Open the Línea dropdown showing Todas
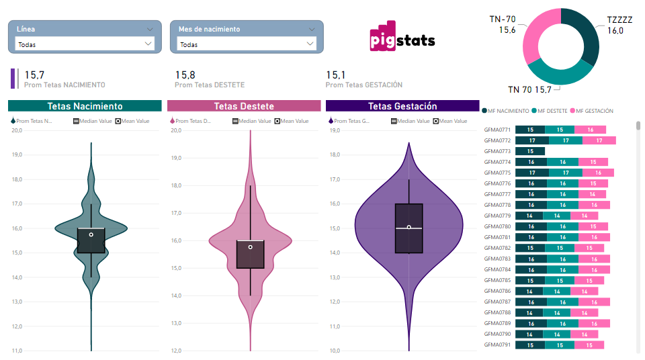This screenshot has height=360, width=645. pyautogui.click(x=85, y=44)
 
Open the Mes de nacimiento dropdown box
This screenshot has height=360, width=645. pyautogui.click(x=247, y=44)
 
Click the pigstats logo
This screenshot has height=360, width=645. pyautogui.click(x=402, y=40)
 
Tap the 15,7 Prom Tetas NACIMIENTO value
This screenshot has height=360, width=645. pyautogui.click(x=34, y=75)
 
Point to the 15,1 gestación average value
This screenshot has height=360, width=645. pyautogui.click(x=336, y=75)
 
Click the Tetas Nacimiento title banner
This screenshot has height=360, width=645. pyautogui.click(x=85, y=106)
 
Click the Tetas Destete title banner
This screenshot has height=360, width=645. pyautogui.click(x=244, y=106)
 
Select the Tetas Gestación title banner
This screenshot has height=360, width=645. pyautogui.click(x=402, y=106)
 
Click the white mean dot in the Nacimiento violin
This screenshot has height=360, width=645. pyautogui.click(x=91, y=234)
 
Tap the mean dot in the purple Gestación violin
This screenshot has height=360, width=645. pyautogui.click(x=408, y=227)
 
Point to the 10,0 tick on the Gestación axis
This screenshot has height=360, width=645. pyautogui.click(x=333, y=351)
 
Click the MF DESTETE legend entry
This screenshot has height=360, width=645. pyautogui.click(x=550, y=111)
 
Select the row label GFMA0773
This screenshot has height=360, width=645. pyautogui.click(x=497, y=151)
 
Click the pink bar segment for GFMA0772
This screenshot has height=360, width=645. pyautogui.click(x=599, y=140)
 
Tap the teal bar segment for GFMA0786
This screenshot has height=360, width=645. pyautogui.click(x=557, y=291)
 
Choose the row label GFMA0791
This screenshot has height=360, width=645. pyautogui.click(x=497, y=345)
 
